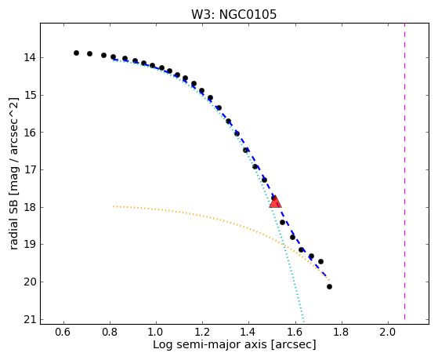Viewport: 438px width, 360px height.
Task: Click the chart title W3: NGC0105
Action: click(233, 15)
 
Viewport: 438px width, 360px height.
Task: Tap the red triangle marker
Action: click(276, 202)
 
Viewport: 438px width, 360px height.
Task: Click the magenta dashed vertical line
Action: click(404, 172)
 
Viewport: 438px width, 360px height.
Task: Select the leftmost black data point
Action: click(76, 53)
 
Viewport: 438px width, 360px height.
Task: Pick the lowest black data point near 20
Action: click(329, 286)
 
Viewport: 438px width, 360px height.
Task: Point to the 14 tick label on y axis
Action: click(30, 58)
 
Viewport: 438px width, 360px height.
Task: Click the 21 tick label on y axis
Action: click(30, 320)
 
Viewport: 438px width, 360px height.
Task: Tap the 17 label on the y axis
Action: click(30, 170)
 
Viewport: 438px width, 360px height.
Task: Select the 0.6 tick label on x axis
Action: click(63, 332)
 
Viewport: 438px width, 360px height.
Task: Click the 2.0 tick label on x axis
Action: click(388, 332)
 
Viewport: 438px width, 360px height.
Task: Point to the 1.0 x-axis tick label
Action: click(156, 332)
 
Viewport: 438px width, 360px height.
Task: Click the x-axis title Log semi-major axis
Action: click(210, 344)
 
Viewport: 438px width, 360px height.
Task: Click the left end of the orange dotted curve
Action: click(114, 206)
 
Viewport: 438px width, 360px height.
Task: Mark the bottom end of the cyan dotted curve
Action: click(303, 319)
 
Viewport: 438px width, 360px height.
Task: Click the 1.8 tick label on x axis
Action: click(342, 332)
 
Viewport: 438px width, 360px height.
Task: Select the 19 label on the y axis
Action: click(30, 245)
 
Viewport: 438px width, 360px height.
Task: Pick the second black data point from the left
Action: click(89, 53)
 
